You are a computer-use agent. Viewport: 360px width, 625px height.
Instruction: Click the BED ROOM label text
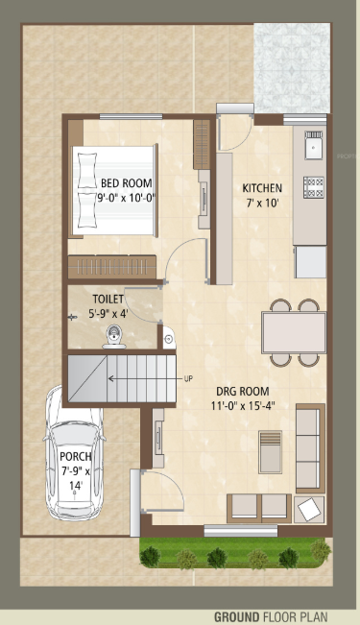pyautogui.click(x=127, y=182)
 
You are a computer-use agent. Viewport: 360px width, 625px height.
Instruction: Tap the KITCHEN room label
pyautogui.click(x=261, y=187)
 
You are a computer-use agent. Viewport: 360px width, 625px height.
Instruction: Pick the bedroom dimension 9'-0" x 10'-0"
pyautogui.click(x=127, y=197)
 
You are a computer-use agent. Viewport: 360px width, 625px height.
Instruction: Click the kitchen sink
pyautogui.click(x=312, y=146)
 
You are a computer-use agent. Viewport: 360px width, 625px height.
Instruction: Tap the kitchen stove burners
pyautogui.click(x=312, y=185)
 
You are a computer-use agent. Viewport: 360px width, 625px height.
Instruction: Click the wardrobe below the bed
pyautogui.click(x=111, y=266)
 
